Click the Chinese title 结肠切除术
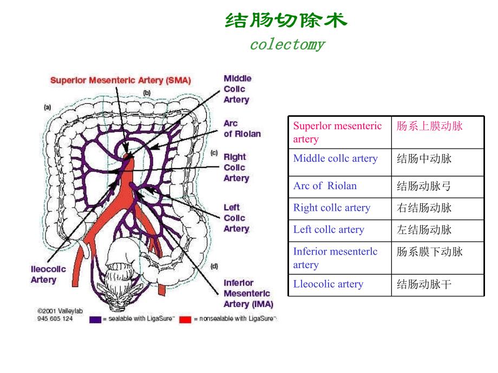286,21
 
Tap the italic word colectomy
287,44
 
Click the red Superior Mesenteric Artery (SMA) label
120,81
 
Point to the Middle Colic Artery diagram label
237,89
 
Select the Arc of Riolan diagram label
242,129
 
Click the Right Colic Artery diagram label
236,168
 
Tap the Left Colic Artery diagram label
236,218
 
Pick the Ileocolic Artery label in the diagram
48,274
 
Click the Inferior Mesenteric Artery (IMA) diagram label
248,293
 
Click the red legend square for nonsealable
185,319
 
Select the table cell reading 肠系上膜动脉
430,126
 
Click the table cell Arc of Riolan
325,186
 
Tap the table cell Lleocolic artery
328,284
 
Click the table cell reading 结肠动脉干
424,284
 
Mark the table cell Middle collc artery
335,159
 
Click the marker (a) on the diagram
48,108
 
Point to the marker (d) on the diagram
214,266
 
